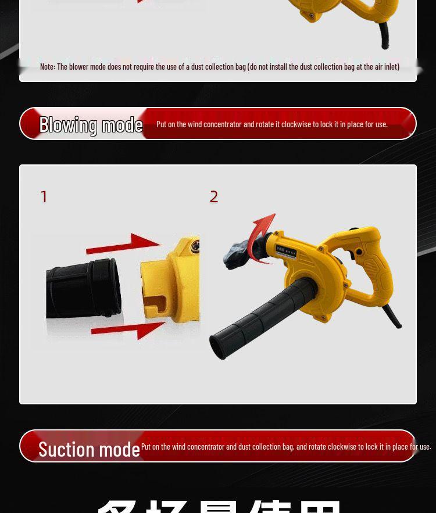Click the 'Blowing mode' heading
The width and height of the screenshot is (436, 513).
tap(91, 124)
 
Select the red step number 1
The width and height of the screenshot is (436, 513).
tap(44, 197)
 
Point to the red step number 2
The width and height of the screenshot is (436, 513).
tap(214, 197)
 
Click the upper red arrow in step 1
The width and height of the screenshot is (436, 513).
tap(123, 244)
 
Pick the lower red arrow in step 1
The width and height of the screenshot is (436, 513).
tap(129, 329)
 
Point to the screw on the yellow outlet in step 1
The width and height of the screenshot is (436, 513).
tap(195, 249)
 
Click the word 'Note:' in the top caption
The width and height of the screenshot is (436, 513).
tap(47, 67)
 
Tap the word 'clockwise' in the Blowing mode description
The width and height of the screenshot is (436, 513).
tap(296, 124)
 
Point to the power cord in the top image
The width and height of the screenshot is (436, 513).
tap(385, 38)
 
